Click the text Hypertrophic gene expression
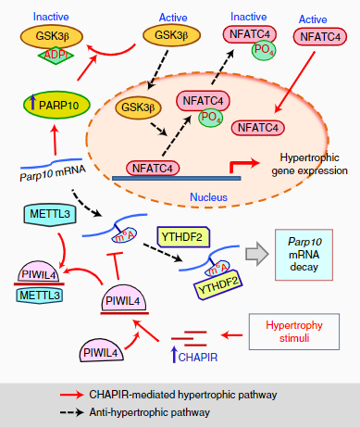tap(305, 165)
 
